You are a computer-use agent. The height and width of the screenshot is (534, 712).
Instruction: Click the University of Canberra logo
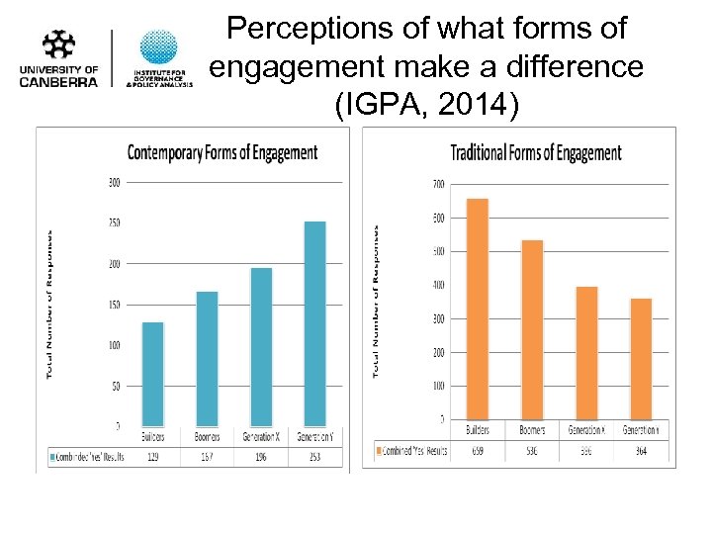click(59, 58)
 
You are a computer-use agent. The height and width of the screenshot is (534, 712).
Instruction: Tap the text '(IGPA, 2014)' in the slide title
click(426, 105)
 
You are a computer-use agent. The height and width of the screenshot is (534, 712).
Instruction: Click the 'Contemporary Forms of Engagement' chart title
click(222, 152)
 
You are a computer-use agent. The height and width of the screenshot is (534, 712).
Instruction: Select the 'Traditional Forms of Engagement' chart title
click(536, 152)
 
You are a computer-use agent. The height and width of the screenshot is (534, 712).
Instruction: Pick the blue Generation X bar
click(261, 346)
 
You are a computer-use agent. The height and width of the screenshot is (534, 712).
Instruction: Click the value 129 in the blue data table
click(152, 458)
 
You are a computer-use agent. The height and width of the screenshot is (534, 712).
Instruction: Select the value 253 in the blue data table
click(314, 458)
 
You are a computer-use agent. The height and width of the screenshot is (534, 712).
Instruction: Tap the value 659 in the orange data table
click(478, 450)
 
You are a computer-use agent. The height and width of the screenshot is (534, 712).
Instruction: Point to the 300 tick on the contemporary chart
click(114, 182)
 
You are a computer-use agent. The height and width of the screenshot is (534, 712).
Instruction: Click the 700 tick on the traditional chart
click(438, 184)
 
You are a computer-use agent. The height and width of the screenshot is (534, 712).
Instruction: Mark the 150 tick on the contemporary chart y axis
click(114, 305)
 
